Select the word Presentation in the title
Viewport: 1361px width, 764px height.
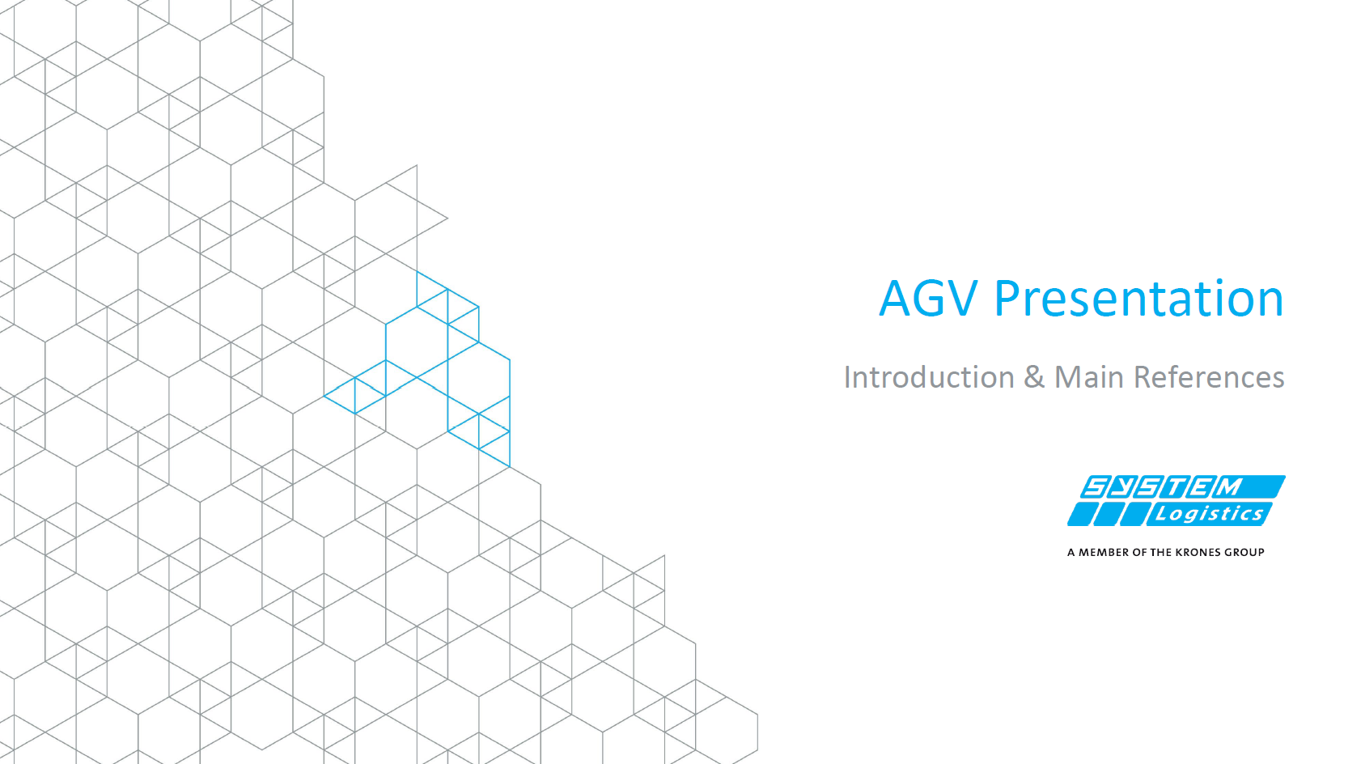click(1139, 298)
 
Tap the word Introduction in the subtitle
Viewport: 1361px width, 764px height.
click(929, 377)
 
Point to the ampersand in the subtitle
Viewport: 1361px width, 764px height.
click(1034, 377)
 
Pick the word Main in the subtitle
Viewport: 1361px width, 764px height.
click(1089, 377)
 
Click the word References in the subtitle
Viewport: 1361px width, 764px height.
click(1209, 377)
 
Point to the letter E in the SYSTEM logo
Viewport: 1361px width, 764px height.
click(1204, 487)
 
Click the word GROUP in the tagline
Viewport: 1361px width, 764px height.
click(1245, 553)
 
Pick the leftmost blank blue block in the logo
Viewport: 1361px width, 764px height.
click(1080, 514)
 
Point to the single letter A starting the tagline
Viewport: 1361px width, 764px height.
click(1071, 553)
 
